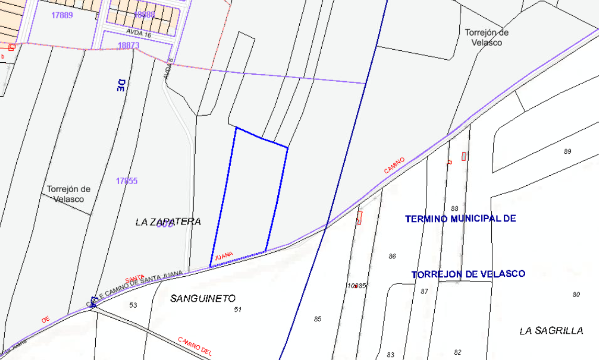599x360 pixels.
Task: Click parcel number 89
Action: pos(568,152)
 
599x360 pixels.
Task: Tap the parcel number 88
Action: pos(455,208)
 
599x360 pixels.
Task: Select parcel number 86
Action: pos(392,256)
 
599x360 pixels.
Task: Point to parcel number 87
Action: pos(424,291)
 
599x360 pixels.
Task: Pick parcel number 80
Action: pos(576,295)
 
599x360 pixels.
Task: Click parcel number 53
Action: pos(133,305)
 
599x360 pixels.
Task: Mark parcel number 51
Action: pos(238,310)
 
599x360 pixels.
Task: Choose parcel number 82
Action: pos(458,352)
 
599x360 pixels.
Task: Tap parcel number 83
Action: pos(390,355)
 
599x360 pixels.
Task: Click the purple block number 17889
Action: pos(62,15)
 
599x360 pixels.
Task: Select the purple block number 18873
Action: pos(128,46)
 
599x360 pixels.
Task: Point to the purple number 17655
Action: pos(127,181)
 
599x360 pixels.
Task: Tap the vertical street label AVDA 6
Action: pos(168,67)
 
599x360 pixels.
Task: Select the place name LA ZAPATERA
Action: pos(168,222)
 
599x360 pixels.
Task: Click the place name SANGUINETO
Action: pos(203,298)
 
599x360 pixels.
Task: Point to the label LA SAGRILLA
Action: pos(551,331)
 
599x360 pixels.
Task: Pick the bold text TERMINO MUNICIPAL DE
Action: pos(460,218)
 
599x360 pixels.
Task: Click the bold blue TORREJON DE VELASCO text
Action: pos(468,274)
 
